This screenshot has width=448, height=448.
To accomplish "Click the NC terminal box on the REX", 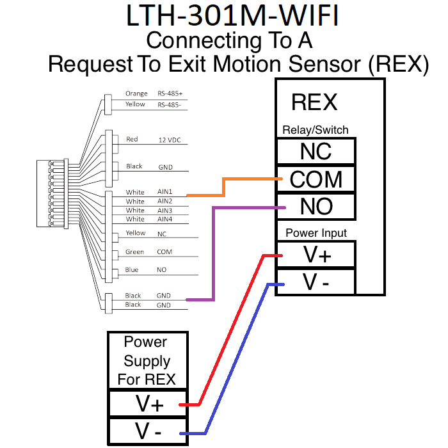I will [315, 152].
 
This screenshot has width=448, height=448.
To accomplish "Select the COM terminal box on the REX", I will [315, 179].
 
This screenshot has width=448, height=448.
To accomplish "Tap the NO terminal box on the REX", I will [315, 206].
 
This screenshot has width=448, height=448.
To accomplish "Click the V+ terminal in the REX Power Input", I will [316, 255].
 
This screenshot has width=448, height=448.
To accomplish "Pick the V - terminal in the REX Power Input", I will [316, 282].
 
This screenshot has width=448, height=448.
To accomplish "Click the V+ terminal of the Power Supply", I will [148, 404].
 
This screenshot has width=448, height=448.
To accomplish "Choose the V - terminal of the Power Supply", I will [148, 432].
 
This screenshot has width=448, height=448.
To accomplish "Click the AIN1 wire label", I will [164, 192].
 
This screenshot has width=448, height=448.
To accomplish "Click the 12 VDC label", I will [170, 140].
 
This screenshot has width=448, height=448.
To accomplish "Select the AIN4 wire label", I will [164, 220].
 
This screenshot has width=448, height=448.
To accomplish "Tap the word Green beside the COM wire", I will [135, 252].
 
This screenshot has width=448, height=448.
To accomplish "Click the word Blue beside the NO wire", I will [132, 270].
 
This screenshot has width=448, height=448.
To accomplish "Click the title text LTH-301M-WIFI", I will [232, 17].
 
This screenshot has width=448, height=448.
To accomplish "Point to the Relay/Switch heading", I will [316, 130].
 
